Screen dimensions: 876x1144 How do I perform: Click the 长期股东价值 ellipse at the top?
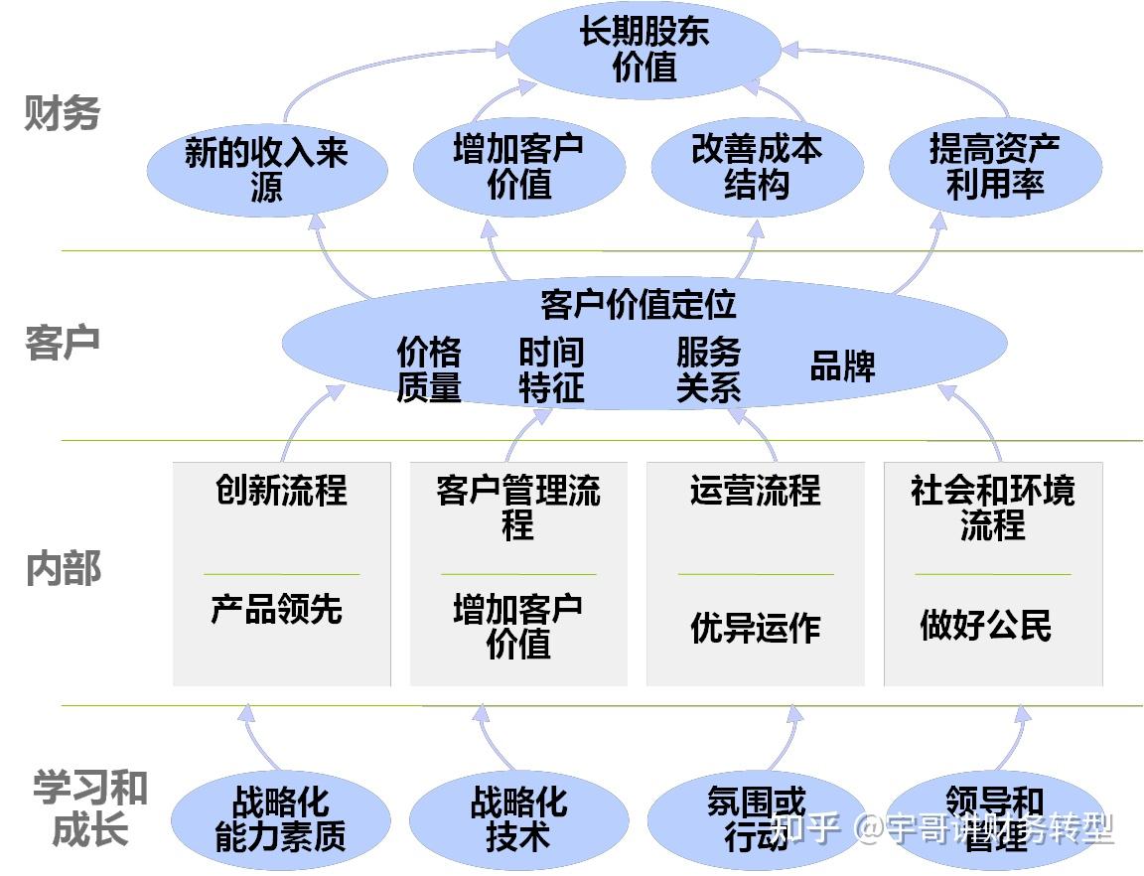[644, 50]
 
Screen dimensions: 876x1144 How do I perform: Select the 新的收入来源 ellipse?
[266, 171]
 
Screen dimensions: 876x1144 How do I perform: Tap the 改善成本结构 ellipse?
[757, 167]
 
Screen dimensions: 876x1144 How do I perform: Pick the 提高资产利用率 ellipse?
[994, 167]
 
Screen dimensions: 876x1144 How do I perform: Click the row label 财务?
[62, 114]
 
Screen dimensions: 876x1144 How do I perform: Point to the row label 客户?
[62, 342]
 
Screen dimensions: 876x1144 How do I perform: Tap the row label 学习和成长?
[89, 809]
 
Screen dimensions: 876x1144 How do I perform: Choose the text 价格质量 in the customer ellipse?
[429, 369]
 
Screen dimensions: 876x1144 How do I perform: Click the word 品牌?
[842, 365]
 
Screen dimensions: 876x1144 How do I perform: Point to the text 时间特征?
[551, 369]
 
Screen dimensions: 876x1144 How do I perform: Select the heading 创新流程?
[281, 490]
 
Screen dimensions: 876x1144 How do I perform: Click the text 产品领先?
[276, 609]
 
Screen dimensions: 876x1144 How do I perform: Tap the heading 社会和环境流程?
[992, 507]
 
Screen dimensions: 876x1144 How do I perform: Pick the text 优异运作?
[755, 628]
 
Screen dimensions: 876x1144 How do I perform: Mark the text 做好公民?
[985, 626]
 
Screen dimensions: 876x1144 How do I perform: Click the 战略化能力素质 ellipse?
[280, 819]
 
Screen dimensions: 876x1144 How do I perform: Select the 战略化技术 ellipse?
[518, 819]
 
